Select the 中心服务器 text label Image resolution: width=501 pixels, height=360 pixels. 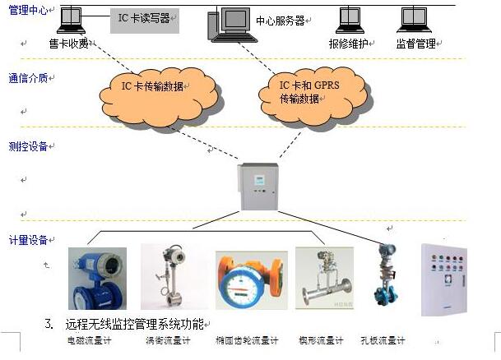point(279,21)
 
